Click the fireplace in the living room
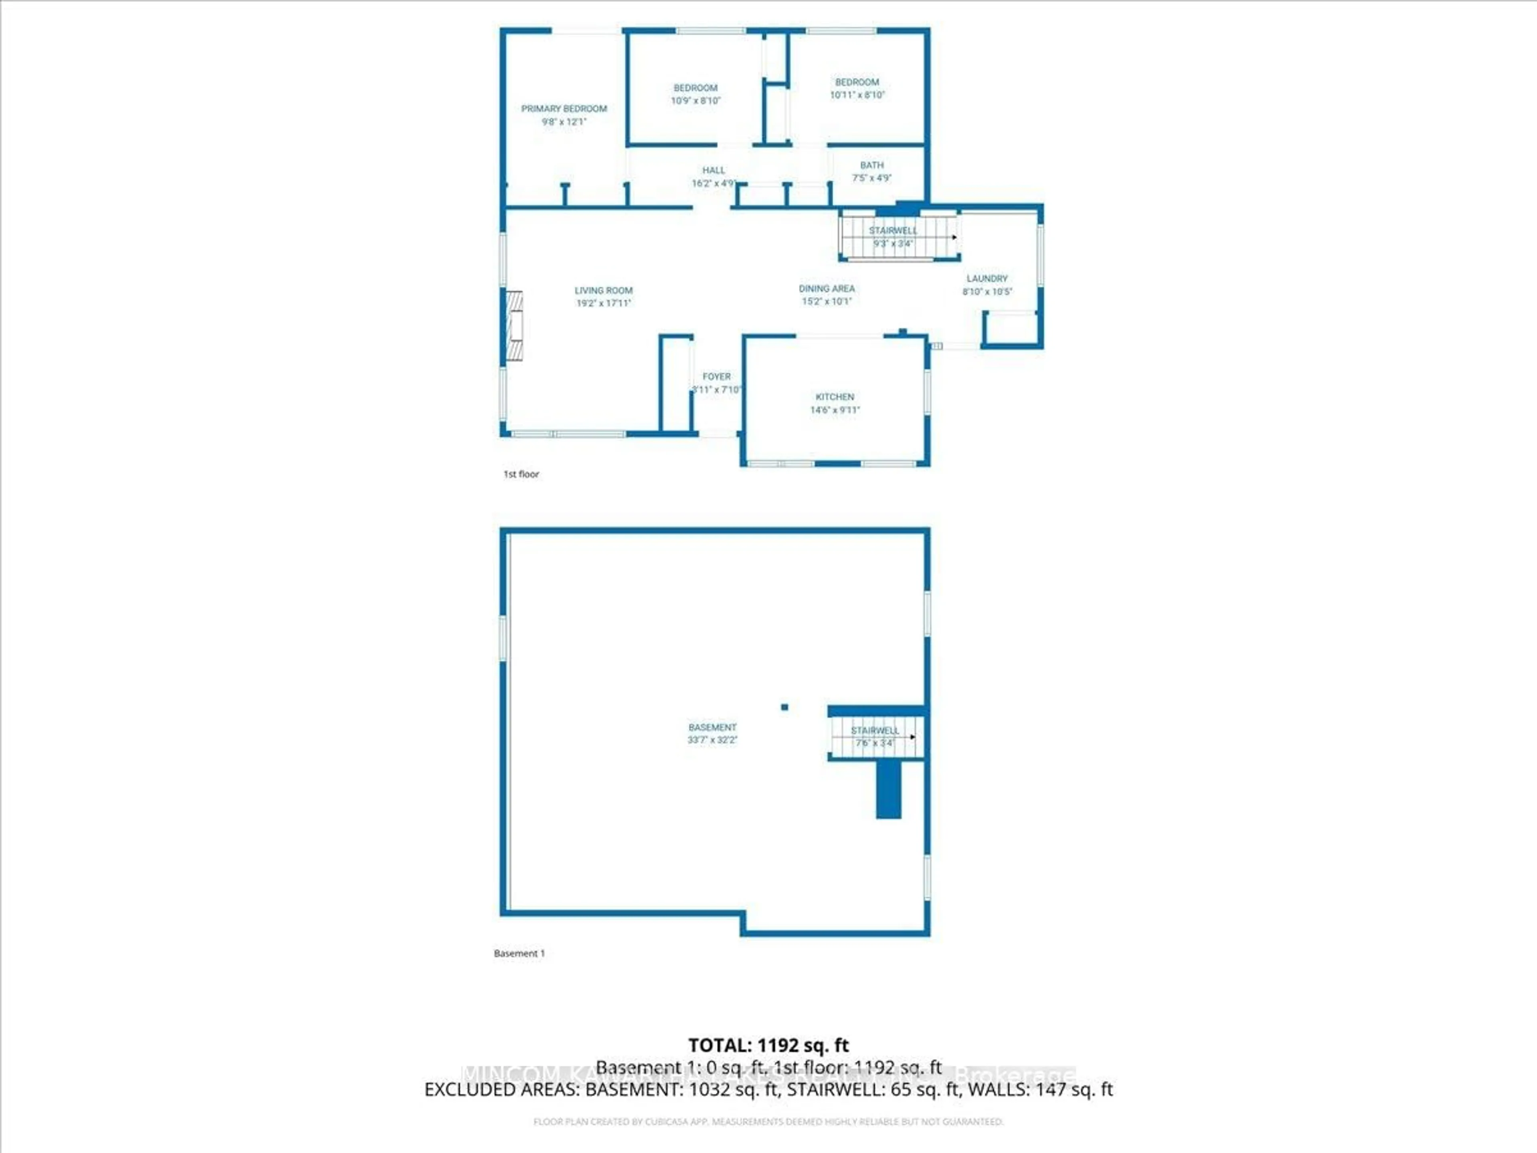(x=514, y=325)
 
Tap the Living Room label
(x=603, y=291)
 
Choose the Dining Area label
(x=826, y=288)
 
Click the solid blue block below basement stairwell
(x=888, y=789)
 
